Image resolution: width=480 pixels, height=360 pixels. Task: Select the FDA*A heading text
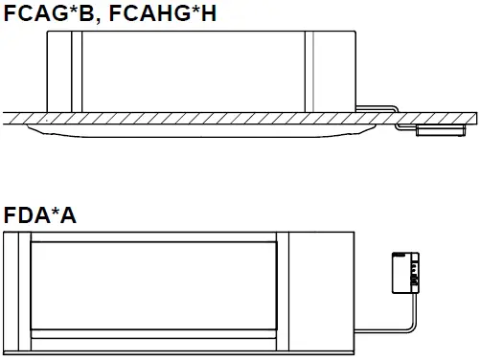coord(39,215)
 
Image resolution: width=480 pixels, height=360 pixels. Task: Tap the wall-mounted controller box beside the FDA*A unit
coord(403,272)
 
